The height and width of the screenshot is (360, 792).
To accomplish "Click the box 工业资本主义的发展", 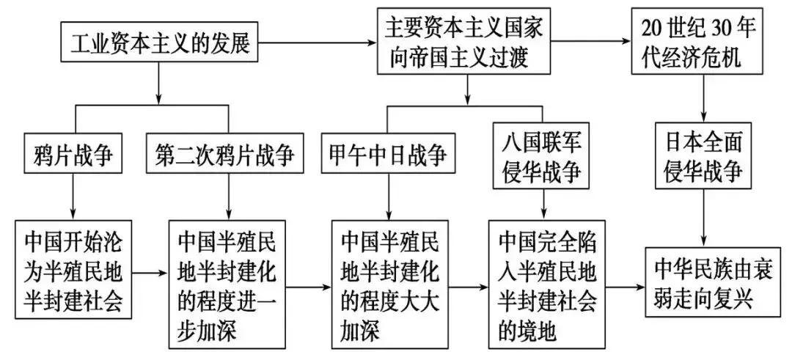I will coord(158,44).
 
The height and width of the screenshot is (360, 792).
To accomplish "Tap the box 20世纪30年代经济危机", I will coord(697,41).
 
